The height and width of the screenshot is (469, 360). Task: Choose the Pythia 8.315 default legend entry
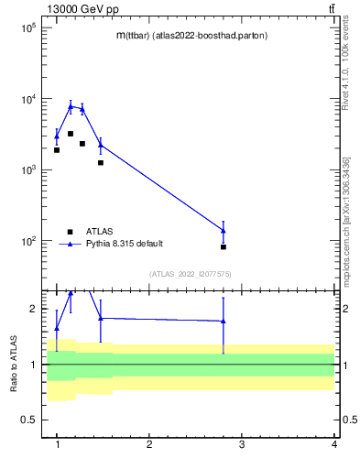tap(125, 244)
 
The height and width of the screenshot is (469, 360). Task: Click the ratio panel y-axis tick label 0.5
tap(29, 420)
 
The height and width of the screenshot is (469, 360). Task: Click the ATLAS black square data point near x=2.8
tap(224, 247)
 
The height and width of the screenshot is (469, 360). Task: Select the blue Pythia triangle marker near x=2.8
tap(224, 230)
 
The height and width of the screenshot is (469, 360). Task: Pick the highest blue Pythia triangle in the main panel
tap(71, 106)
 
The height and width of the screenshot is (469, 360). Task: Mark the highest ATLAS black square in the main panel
tap(71, 134)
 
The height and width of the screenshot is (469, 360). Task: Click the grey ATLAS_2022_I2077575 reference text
tap(190, 274)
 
